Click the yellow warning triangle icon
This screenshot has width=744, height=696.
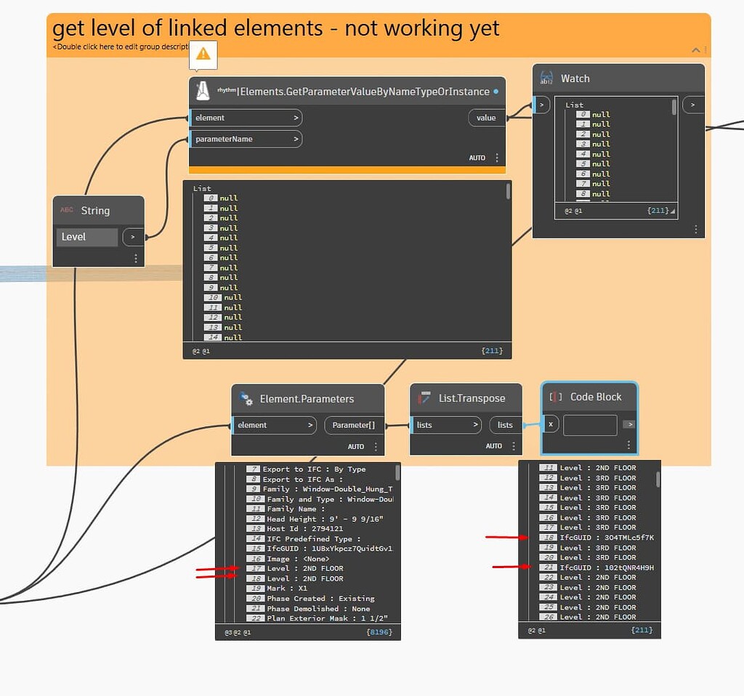click(x=203, y=53)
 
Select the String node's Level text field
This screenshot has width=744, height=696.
click(x=86, y=237)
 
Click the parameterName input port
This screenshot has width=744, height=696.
click(x=246, y=139)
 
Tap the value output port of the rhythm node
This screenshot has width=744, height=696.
click(x=486, y=118)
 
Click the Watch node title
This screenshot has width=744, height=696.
click(x=575, y=78)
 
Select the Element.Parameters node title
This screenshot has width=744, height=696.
click(x=307, y=399)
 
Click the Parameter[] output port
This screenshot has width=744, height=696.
click(x=354, y=425)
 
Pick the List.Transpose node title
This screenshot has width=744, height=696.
click(x=472, y=398)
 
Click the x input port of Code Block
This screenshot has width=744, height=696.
click(x=551, y=424)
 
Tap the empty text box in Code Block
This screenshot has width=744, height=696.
click(x=589, y=425)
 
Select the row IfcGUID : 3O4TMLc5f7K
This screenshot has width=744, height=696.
click(x=607, y=538)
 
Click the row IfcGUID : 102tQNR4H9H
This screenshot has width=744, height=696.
click(x=607, y=567)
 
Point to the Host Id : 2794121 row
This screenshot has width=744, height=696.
click(x=304, y=529)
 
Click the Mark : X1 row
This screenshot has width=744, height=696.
click(x=287, y=588)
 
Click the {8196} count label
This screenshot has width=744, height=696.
click(x=380, y=632)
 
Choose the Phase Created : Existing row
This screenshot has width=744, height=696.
click(x=320, y=599)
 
